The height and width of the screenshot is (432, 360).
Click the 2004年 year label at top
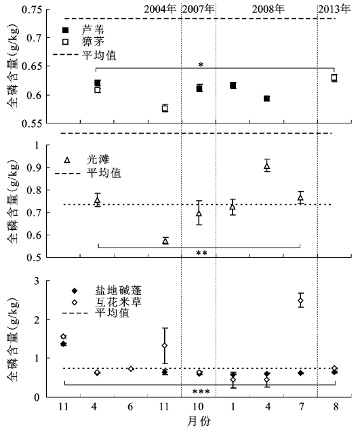tap(160, 9)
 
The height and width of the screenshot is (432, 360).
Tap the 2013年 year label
tap(335, 9)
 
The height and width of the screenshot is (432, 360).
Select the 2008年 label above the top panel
tap(268, 9)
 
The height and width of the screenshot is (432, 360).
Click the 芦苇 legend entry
tap(83, 30)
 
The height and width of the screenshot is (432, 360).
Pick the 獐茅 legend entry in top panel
tap(83, 42)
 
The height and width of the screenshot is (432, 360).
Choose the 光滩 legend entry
tap(87, 160)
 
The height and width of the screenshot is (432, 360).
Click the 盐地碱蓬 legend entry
tap(106, 291)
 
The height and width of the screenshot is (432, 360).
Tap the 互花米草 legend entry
tap(106, 302)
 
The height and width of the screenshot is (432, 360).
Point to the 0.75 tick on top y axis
tap(33, 9)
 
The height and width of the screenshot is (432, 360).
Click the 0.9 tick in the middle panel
tap(35, 168)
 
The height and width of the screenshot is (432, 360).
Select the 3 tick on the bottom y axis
tap(37, 281)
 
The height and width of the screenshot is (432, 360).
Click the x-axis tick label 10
tap(199, 407)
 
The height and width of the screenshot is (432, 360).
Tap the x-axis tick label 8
tap(336, 407)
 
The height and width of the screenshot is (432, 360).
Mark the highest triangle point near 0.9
tap(266, 166)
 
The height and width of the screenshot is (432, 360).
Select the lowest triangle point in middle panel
tap(165, 241)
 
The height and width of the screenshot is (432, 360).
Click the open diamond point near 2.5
tap(301, 300)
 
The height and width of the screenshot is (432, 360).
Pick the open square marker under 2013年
tap(334, 77)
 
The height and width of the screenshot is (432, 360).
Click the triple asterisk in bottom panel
tap(201, 392)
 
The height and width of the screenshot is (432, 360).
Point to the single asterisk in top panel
tap(201, 65)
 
